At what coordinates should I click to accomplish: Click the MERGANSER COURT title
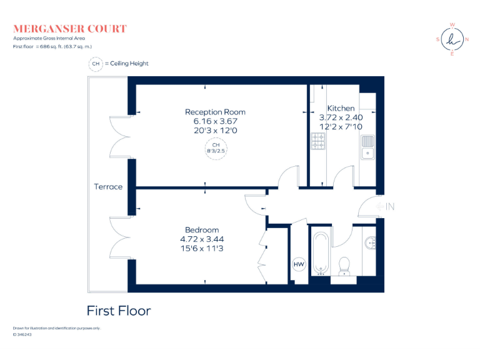pos(69,29)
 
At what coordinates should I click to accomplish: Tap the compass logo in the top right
pos(452,39)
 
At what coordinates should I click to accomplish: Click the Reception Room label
pos(211,112)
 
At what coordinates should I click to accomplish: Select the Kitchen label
pos(341,108)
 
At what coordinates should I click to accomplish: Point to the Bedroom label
pos(202,230)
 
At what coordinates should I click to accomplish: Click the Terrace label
pos(108,187)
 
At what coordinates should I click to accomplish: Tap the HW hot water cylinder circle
pos(299,264)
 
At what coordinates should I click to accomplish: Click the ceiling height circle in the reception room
pos(215,149)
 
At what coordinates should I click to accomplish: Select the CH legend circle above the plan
pos(96,64)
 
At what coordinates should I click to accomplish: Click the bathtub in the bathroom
pos(321,253)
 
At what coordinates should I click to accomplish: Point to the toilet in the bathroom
pos(343,266)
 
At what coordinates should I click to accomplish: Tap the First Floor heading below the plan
pos(119,311)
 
